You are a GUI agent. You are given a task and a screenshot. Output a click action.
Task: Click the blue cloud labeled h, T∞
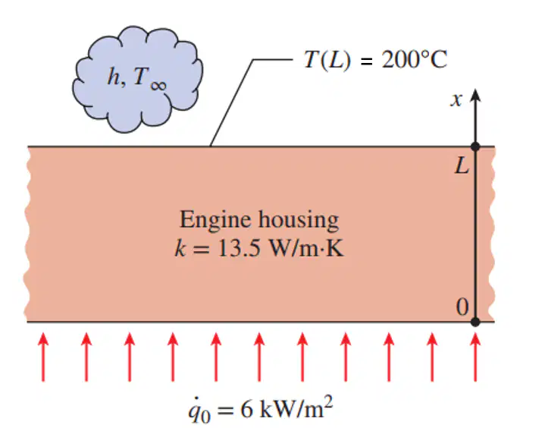138,80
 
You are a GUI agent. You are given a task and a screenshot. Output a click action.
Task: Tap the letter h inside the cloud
113,76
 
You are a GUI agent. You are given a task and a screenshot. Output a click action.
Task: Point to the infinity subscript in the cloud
158,85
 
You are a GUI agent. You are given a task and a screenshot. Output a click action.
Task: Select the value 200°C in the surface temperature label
415,59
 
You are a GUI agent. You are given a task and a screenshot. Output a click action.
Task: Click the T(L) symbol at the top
327,60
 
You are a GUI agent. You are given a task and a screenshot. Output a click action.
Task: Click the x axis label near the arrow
456,100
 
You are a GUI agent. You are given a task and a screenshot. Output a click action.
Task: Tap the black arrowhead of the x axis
475,95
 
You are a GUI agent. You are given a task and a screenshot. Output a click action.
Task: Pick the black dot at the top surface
475,146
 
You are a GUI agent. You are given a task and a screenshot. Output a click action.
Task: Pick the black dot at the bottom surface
475,322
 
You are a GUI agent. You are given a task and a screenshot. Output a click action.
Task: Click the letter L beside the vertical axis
462,165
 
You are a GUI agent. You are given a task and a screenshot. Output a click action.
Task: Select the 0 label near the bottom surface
462,307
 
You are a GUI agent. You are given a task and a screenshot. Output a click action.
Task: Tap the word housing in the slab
299,221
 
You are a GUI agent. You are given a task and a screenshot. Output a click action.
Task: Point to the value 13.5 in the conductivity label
239,249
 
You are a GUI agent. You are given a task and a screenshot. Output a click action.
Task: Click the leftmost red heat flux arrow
43,357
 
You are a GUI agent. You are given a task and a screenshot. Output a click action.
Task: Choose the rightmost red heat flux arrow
475,357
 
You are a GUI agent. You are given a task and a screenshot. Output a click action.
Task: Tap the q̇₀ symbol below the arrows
199,410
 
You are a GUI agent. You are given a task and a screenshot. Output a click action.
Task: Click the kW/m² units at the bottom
296,407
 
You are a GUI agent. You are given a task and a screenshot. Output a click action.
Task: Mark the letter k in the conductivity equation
180,248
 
